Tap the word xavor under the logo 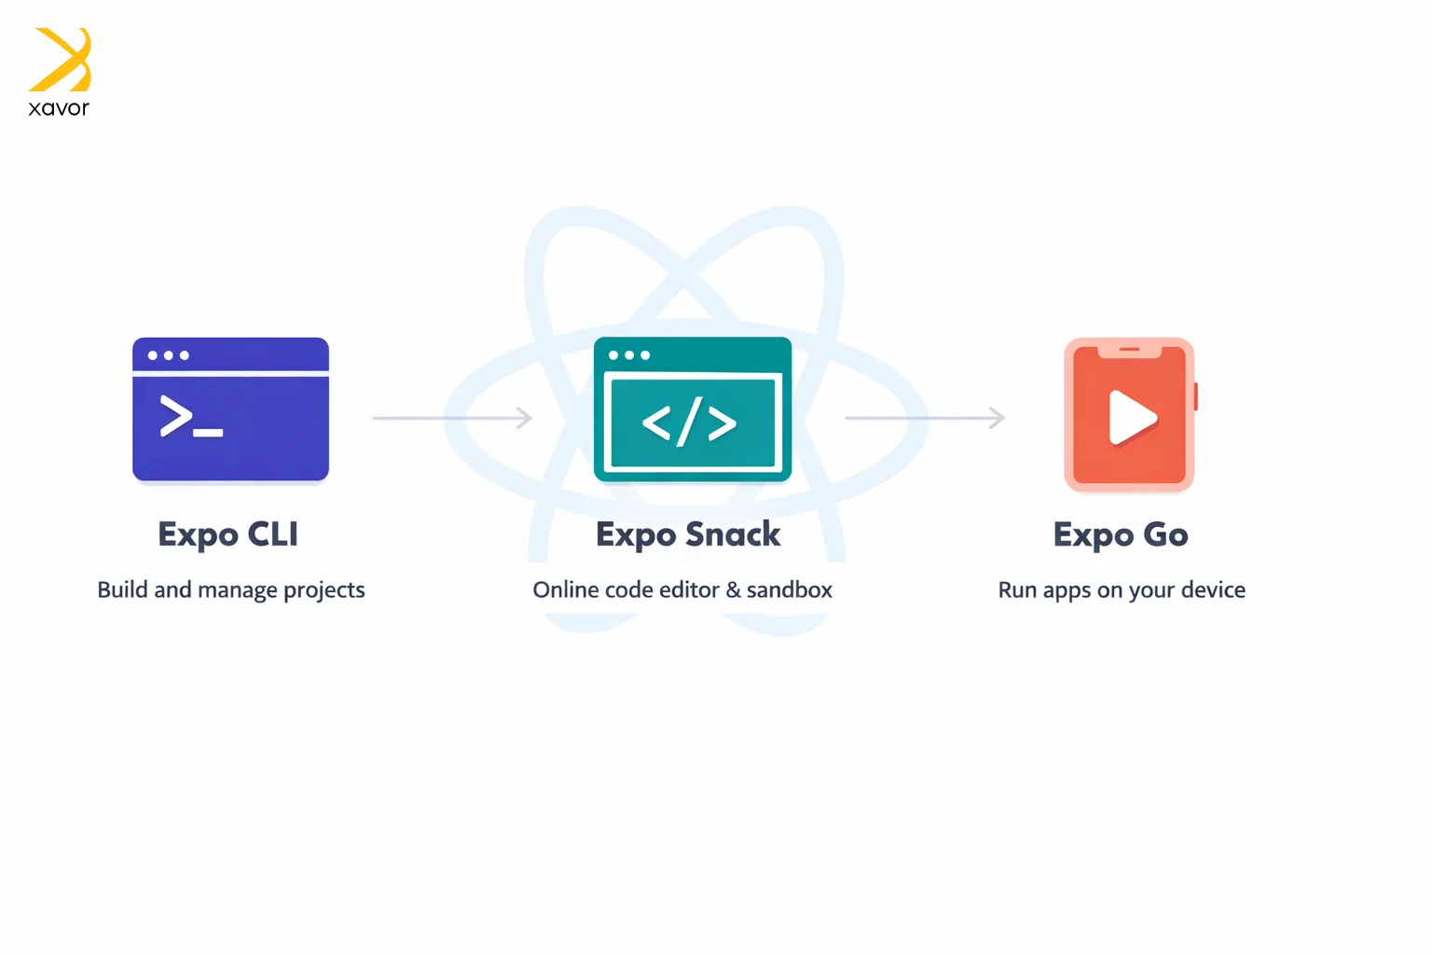(x=59, y=107)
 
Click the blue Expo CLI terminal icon (x=231, y=409)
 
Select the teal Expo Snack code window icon (x=693, y=409)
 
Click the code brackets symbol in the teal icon (x=689, y=422)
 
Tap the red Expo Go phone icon (x=1130, y=414)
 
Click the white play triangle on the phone (x=1132, y=417)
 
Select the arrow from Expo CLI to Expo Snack (x=452, y=418)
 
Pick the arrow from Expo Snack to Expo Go (x=925, y=418)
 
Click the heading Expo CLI (x=228, y=534)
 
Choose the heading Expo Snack (x=688, y=534)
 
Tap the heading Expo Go (x=1121, y=534)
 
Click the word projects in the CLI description (x=324, y=590)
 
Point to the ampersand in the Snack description (x=734, y=589)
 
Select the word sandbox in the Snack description (x=790, y=589)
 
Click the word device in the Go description (x=1213, y=589)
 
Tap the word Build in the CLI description (x=122, y=589)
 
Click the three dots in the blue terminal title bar (x=168, y=355)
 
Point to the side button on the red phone (x=1195, y=396)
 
